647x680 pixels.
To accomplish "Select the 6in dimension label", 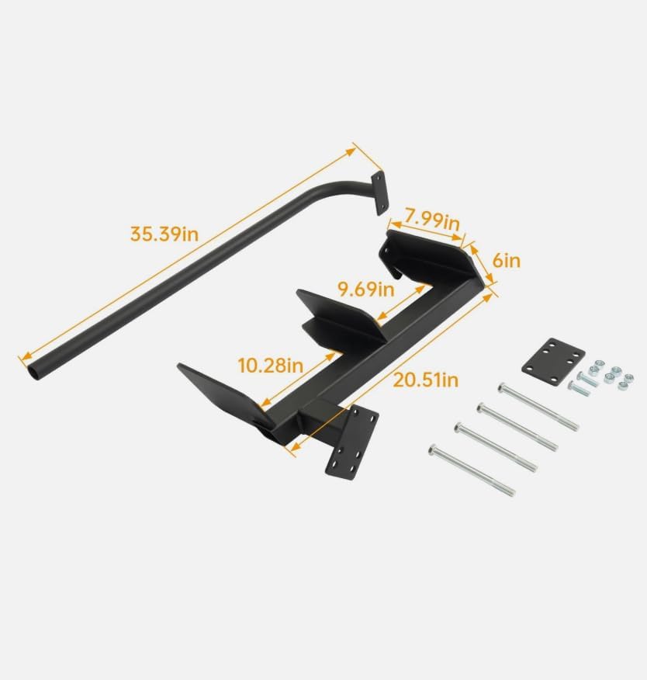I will point(507,260).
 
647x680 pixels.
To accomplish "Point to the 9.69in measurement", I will point(365,290).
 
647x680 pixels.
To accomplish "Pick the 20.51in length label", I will point(424,380).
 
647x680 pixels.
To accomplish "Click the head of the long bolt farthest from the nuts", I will point(433,449).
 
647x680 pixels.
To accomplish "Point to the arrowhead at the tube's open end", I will point(22,356).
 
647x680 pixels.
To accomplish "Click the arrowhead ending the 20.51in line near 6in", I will point(493,293).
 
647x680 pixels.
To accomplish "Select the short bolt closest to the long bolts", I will point(575,386).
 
